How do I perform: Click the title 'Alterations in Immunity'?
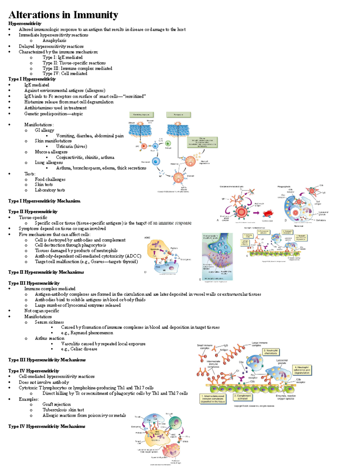63,15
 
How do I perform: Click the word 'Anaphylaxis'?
54,41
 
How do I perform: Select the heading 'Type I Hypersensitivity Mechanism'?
44,201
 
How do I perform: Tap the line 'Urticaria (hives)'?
71,146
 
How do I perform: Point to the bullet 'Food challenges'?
50,179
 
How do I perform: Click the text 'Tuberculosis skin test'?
63,410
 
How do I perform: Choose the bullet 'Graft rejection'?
56,404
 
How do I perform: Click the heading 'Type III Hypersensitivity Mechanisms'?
47,360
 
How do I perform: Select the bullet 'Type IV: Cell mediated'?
65,74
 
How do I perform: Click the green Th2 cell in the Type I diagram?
168,143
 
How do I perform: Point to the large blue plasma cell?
156,162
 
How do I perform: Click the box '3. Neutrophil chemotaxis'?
271,352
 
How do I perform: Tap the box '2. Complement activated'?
243,397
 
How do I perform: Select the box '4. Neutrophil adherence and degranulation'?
302,370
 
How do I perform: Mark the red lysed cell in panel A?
268,213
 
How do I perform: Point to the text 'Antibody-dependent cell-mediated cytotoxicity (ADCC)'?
88,256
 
